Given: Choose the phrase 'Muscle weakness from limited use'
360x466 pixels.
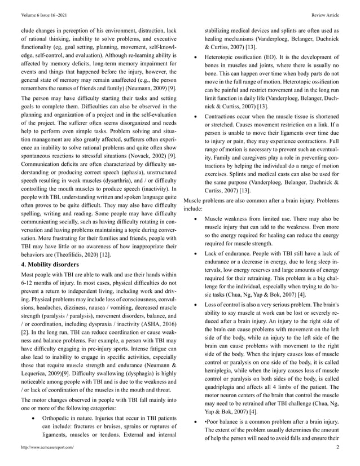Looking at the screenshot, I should pos(248,217).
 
